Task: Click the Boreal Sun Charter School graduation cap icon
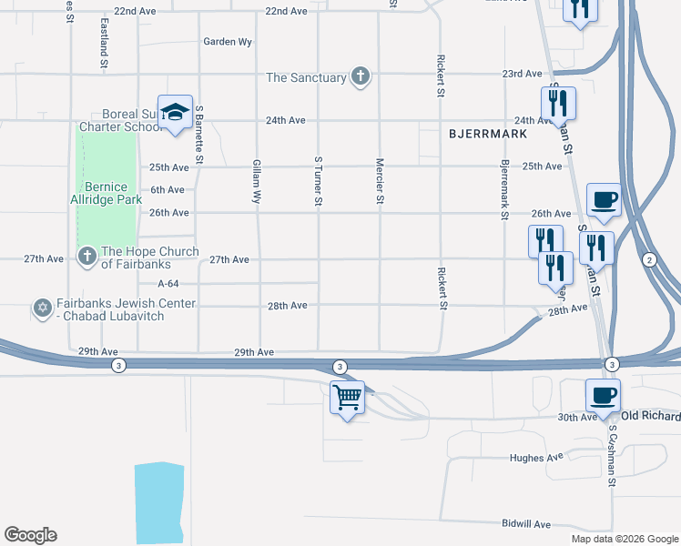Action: [175, 112]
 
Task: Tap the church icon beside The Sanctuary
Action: [361, 76]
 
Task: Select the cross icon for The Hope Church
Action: [86, 258]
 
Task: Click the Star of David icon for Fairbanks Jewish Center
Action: [41, 309]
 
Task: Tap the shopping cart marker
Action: [347, 398]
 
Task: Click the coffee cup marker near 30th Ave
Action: [603, 396]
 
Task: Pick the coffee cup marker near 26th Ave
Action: [603, 199]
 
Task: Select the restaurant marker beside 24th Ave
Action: [558, 103]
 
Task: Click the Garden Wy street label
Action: [228, 42]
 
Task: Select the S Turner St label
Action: [319, 181]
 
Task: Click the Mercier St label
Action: [380, 181]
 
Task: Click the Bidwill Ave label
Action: [527, 524]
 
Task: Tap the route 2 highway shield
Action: [649, 260]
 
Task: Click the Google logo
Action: [30, 535]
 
